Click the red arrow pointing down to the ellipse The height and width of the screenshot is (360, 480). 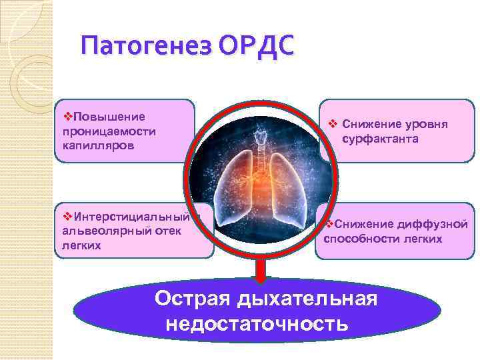pos(261,271)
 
